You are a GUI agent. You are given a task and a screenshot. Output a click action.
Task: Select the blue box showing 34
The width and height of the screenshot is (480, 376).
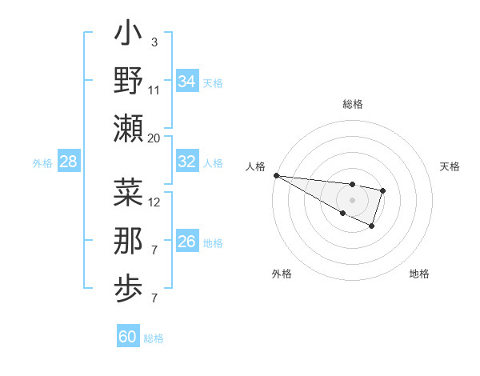(186, 81)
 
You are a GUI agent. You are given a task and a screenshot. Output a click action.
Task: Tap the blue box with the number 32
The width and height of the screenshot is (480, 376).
(186, 162)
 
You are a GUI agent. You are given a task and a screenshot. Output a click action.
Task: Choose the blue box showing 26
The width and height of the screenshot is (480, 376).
(186, 241)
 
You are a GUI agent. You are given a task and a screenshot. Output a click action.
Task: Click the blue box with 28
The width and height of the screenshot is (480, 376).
(68, 162)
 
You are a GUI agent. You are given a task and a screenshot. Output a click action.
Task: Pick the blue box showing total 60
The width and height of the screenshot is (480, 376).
(128, 337)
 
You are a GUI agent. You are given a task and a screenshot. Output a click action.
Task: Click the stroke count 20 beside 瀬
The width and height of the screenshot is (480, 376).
(154, 138)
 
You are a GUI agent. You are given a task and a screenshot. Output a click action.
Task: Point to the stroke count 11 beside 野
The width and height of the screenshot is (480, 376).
(154, 90)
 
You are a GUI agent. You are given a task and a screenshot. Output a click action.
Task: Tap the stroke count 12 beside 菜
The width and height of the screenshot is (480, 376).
(154, 202)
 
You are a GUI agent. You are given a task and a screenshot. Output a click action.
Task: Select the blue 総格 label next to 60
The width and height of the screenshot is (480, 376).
(154, 338)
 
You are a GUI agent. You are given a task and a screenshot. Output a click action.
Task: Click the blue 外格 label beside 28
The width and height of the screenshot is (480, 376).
(42, 163)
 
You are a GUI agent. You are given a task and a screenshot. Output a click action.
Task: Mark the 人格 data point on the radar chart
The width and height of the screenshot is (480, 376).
(275, 174)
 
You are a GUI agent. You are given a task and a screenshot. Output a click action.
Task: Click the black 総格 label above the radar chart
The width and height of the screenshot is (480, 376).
(352, 104)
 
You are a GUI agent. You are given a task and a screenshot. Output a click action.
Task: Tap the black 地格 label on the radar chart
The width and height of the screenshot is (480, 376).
(419, 274)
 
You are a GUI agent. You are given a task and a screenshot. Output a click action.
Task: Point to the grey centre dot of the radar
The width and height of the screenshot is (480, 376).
(352, 199)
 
